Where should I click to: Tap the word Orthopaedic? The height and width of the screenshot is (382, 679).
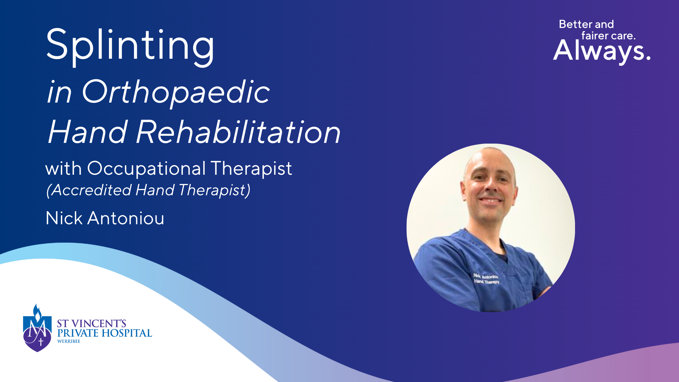click(x=176, y=92)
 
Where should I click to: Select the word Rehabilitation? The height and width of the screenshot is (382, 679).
click(x=238, y=132)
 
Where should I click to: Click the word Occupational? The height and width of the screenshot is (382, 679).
click(x=146, y=168)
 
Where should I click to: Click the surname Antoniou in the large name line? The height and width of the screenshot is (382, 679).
click(x=126, y=218)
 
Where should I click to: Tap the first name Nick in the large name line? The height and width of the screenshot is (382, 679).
click(x=64, y=218)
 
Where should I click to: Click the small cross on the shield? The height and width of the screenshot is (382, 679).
click(x=41, y=342)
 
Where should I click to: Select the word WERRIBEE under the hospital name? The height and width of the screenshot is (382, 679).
click(x=69, y=341)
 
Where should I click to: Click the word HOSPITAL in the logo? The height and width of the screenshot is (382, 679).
click(x=127, y=333)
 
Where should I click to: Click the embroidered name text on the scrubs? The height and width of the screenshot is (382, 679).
click(x=486, y=279)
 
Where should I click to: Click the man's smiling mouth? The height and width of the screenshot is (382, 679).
click(x=490, y=201)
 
